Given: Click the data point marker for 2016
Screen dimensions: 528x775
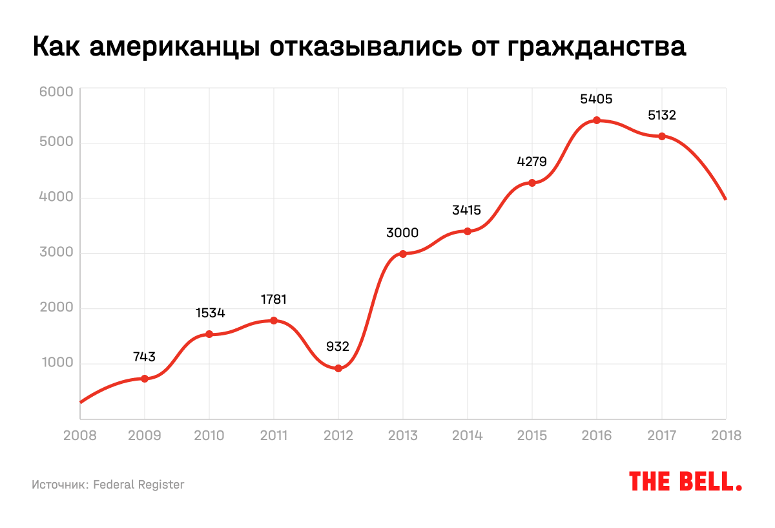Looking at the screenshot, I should point(597,120).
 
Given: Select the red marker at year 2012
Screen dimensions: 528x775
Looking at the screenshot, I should point(338,368).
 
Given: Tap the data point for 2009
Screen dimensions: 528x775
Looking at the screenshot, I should point(145,379).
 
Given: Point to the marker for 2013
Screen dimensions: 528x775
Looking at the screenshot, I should point(403,254).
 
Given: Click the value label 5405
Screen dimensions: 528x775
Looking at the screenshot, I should point(597,100).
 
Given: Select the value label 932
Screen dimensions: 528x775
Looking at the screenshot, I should point(338,347).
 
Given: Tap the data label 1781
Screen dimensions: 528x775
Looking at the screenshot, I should point(274,300).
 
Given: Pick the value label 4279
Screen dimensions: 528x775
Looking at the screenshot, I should point(532,162).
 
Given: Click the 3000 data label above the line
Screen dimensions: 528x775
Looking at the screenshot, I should point(403,233).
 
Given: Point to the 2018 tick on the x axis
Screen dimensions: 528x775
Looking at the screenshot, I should point(726,436).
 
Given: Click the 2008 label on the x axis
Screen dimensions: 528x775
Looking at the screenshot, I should point(80,436).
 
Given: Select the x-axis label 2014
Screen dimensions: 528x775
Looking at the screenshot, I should point(468,436).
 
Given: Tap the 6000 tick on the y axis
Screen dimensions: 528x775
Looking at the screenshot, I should point(56,92).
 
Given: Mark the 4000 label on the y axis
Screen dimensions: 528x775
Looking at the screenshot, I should point(56,199).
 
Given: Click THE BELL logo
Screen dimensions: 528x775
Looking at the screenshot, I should point(685,481).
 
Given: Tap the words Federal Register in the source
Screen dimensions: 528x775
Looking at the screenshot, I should point(139,485).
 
